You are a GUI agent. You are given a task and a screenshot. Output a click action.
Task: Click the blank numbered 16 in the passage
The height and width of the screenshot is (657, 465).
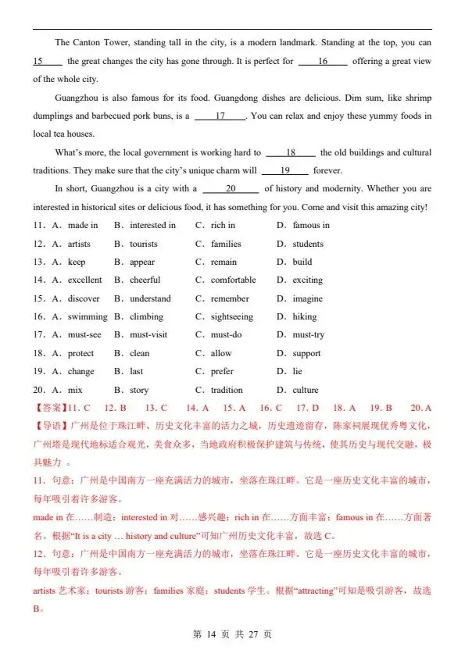coord(323,61)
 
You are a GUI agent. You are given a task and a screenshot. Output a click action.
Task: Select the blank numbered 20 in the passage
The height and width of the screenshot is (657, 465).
coord(231,189)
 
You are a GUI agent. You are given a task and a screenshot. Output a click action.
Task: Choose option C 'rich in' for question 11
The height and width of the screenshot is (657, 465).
coord(223,226)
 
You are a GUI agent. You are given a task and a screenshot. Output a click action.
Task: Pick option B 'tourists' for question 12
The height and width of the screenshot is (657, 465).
coord(143,244)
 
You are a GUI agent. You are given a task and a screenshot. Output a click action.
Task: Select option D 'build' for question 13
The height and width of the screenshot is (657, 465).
coord(302,262)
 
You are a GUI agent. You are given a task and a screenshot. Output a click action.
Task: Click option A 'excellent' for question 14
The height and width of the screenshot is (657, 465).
coord(84,280)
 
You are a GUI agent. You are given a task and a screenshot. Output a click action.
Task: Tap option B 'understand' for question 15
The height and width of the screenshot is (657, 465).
coord(150,298)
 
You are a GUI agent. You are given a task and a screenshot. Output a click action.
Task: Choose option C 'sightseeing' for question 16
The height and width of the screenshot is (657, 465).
coord(231,317)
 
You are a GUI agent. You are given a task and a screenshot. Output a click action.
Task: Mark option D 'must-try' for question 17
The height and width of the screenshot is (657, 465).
coord(308,335)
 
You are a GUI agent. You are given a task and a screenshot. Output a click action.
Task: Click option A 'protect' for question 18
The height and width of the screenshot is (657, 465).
coord(80,353)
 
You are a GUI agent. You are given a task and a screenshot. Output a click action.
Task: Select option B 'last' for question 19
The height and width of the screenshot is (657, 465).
coord(136,372)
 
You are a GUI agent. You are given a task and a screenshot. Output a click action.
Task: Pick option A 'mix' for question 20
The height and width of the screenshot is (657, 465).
coord(75,390)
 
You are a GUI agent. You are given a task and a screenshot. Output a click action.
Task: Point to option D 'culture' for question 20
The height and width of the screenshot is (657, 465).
coord(305,390)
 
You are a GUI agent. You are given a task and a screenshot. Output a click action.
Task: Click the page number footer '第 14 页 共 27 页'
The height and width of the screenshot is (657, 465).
coord(232,634)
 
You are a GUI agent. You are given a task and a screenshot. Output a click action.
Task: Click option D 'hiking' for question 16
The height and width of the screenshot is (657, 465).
coord(304,317)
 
